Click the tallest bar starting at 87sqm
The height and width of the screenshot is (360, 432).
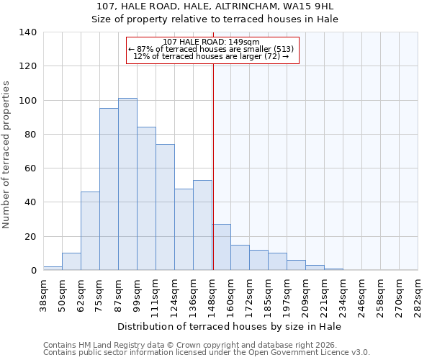[x=127, y=184]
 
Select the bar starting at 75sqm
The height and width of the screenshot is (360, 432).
[x=109, y=189]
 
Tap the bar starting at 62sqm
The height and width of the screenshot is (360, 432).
[x=90, y=231]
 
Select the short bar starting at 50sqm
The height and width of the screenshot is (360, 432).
[x=71, y=262]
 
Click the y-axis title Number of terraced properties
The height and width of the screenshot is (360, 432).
[x=6, y=155]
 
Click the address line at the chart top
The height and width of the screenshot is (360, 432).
[x=215, y=6]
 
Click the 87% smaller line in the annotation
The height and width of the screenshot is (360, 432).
[x=212, y=50]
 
